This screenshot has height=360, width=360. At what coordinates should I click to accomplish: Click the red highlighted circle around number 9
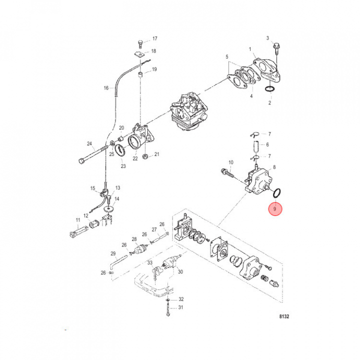point(275,208)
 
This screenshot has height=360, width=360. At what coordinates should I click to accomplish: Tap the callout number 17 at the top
point(154,38)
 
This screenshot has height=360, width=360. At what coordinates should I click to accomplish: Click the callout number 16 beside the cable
point(106,88)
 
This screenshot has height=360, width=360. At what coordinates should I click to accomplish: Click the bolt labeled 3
point(275,46)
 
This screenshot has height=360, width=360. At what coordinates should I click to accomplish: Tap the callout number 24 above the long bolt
point(89,144)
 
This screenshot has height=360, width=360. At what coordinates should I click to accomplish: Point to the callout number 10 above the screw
point(231,162)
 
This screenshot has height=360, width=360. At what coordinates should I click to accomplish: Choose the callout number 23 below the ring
point(123,166)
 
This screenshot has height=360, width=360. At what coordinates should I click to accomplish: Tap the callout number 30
point(180,272)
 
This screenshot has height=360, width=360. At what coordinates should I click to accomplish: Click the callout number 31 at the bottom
point(181,307)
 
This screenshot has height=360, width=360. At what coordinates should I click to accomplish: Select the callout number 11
point(77,220)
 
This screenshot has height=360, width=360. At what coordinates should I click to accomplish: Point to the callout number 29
point(113,253)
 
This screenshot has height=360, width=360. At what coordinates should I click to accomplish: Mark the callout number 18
point(153,51)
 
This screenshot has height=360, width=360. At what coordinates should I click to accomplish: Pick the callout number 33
point(149,262)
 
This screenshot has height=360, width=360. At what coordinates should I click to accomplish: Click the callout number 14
point(116,199)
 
